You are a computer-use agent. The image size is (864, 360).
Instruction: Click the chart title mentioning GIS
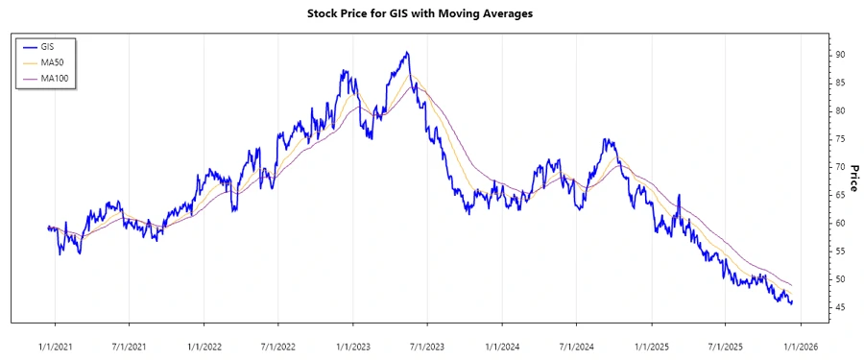(432, 13)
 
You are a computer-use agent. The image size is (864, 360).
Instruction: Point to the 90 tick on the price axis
(839, 55)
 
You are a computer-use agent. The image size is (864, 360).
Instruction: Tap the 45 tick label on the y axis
(839, 307)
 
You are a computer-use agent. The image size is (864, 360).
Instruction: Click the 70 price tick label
(839, 167)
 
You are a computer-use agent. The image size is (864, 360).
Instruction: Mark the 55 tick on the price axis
(839, 252)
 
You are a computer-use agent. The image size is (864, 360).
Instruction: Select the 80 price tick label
(839, 111)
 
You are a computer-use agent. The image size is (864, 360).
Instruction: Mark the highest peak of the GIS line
(407, 52)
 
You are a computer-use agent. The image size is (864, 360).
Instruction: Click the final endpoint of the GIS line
(792, 302)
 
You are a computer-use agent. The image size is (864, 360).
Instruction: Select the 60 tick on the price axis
(839, 224)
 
